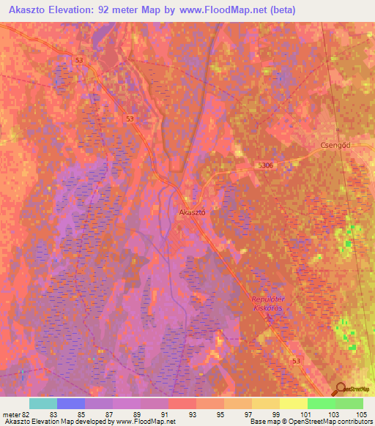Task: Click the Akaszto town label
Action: coord(192,212)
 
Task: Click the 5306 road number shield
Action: coord(265,166)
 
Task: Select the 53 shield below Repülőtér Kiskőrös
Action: coord(295,362)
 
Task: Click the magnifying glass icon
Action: coord(340,389)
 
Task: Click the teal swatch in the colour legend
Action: coord(43,403)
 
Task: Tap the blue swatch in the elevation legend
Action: coord(71,403)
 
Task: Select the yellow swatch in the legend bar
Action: coord(293,403)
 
